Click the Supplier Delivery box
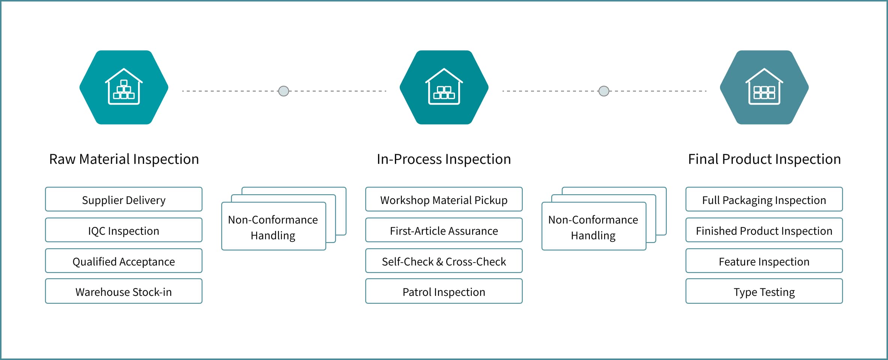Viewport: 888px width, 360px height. [124, 199]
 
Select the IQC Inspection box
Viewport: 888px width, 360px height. [124, 230]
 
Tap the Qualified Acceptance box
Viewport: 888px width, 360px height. [124, 261]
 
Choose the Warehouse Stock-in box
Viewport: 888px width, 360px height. [124, 291]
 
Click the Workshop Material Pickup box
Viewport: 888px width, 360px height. [444, 199]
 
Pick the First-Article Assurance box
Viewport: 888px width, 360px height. [444, 230]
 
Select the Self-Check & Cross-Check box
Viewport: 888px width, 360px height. [444, 261]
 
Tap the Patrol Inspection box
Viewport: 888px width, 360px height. [444, 291]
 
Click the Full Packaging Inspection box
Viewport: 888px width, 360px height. [764, 199]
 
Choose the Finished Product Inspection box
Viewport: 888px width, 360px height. [764, 230]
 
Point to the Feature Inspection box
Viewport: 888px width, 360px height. [764, 261]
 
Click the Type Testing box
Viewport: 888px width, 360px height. [764, 291]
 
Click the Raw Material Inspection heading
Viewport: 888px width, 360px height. [124, 159]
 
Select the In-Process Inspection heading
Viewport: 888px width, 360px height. [444, 159]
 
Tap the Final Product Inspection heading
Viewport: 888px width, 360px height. [764, 159]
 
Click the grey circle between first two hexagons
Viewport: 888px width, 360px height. [284, 91]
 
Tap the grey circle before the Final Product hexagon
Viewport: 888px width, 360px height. [604, 91]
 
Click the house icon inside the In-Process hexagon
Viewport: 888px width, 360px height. [444, 87]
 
